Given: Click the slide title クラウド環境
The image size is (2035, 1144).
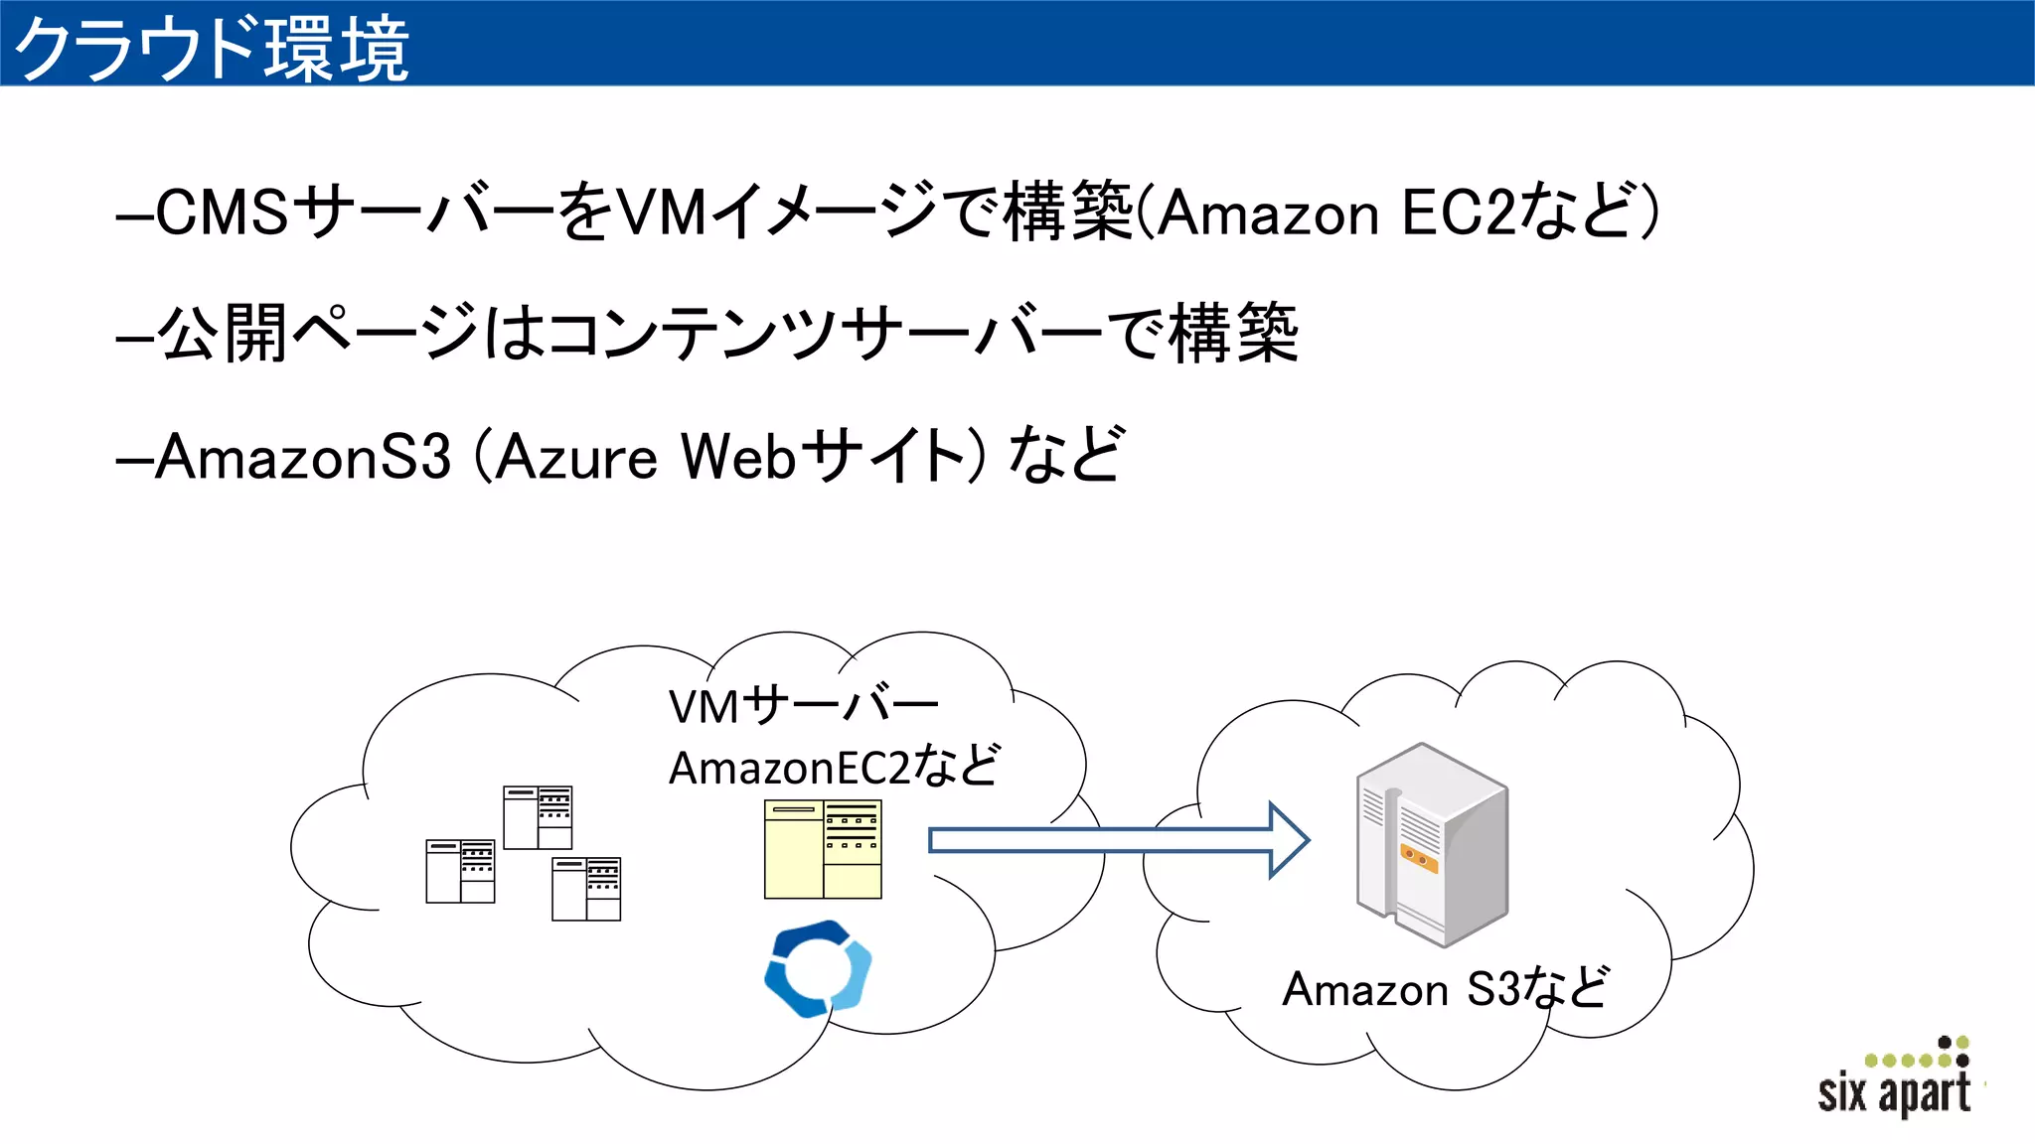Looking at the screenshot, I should click(211, 48).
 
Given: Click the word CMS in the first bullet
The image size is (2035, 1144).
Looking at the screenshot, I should click(223, 212).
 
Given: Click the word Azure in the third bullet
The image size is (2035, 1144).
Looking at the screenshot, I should click(576, 457).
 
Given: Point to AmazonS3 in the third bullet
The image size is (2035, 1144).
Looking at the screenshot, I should click(303, 457).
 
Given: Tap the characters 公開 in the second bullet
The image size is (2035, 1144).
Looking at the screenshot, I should click(223, 334).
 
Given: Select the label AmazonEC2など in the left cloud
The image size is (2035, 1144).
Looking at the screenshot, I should click(833, 767).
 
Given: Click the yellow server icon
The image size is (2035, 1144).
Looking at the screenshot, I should click(823, 849).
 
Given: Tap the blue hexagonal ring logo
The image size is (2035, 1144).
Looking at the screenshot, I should click(818, 968).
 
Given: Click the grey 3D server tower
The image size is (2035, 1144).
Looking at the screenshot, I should click(1432, 844).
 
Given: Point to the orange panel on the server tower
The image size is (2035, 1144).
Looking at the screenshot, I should click(1419, 858).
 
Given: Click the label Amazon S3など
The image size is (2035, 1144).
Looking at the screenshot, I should click(1445, 988).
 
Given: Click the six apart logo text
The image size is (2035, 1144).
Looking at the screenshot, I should click(1893, 1092).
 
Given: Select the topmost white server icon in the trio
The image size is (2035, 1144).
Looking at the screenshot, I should click(538, 817).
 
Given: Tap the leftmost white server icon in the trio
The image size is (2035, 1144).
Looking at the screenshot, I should click(460, 871).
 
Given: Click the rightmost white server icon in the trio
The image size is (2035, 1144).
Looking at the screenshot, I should click(586, 889).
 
